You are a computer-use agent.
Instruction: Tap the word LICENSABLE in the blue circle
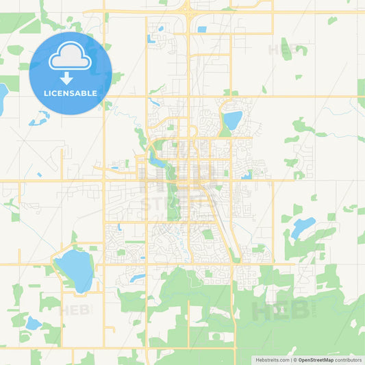click(70, 92)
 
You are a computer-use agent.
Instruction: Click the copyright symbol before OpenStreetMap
click(295, 359)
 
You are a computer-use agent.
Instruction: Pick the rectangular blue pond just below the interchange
click(201, 29)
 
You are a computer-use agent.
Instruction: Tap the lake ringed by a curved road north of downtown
click(232, 120)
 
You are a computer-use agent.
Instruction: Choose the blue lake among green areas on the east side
click(302, 227)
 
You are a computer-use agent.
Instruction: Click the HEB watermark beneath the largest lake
click(75, 310)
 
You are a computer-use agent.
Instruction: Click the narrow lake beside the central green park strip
click(158, 162)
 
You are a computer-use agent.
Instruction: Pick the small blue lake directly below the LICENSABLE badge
click(40, 121)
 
